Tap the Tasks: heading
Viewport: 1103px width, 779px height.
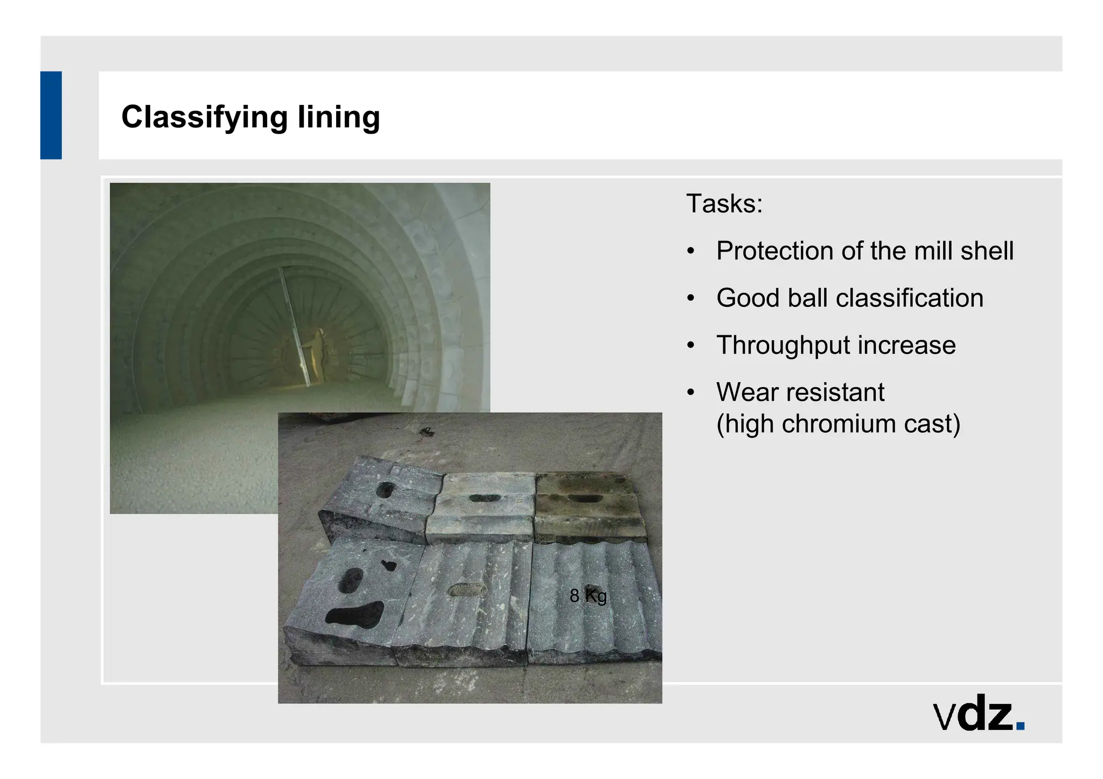(x=724, y=204)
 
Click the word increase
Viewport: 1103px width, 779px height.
(x=907, y=345)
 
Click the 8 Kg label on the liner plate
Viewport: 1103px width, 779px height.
(x=588, y=595)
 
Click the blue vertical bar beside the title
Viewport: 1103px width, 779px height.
(x=51, y=115)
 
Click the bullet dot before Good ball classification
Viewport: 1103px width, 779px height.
(x=691, y=298)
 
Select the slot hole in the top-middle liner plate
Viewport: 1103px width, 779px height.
(x=484, y=498)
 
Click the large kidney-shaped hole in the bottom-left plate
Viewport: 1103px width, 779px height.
(x=355, y=615)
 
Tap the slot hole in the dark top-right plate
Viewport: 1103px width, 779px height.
(x=585, y=499)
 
